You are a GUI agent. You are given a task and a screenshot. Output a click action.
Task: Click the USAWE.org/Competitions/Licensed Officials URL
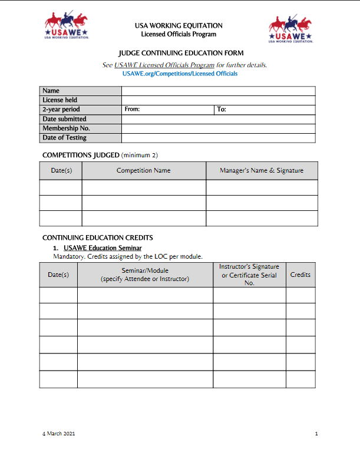pyautogui.click(x=180, y=74)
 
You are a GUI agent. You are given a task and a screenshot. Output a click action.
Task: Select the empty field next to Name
pyautogui.click(x=218, y=91)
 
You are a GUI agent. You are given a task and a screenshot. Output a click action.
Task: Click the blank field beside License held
pyautogui.click(x=218, y=100)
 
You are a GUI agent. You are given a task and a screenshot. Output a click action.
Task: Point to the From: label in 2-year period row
pyautogui.click(x=132, y=110)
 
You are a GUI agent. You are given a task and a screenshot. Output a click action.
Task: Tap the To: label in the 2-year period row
pyautogui.click(x=222, y=110)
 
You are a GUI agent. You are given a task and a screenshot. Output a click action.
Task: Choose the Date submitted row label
pyautogui.click(x=64, y=119)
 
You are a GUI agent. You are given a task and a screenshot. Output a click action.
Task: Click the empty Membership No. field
pyautogui.click(x=218, y=128)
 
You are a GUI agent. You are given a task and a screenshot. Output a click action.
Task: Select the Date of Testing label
pyautogui.click(x=64, y=138)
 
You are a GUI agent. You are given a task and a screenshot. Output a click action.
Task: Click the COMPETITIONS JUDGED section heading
pyautogui.click(x=81, y=155)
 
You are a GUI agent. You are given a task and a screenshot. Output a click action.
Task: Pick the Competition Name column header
pyautogui.click(x=143, y=171)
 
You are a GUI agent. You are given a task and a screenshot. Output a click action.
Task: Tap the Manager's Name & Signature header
pyautogui.click(x=262, y=171)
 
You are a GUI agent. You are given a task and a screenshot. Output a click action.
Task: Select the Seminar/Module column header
pyautogui.click(x=145, y=275)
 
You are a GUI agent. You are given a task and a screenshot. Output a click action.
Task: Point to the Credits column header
pyautogui.click(x=300, y=275)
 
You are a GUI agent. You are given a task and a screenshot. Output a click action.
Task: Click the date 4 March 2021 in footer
pyautogui.click(x=58, y=434)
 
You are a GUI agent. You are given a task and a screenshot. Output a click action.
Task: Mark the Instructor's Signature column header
pyautogui.click(x=249, y=275)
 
